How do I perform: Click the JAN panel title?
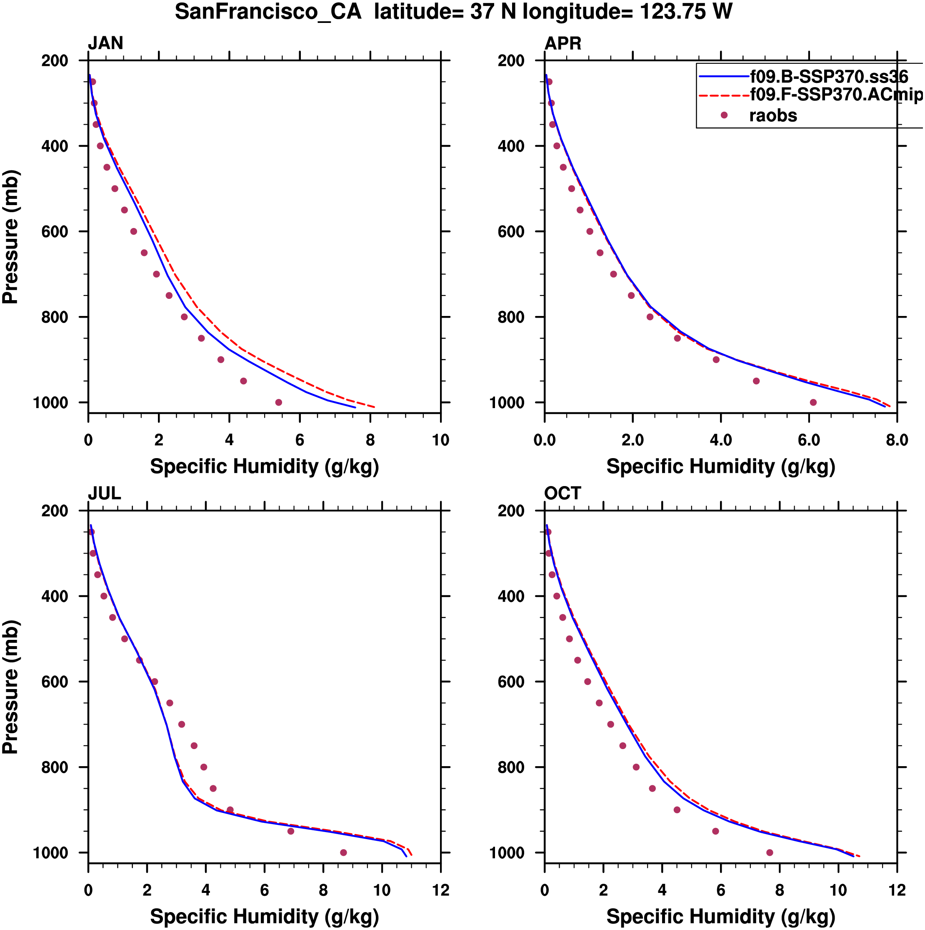click(105, 43)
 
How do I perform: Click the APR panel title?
click(562, 43)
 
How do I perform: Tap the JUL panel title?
click(105, 494)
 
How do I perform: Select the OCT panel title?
click(562, 494)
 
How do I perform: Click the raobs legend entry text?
click(773, 115)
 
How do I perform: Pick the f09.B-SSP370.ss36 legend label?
click(829, 77)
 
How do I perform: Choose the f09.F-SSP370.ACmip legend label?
click(836, 95)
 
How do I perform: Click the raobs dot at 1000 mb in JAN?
click(279, 402)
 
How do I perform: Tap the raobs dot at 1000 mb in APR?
click(813, 402)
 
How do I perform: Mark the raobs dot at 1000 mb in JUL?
click(344, 852)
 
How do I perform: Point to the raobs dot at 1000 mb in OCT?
click(770, 852)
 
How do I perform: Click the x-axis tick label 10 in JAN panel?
click(440, 440)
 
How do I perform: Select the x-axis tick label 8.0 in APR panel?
click(897, 440)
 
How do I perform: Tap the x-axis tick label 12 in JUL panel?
click(440, 890)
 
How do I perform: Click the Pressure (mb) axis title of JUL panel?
click(10, 687)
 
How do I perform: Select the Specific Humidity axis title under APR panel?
click(720, 466)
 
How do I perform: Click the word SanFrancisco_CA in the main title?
click(268, 12)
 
